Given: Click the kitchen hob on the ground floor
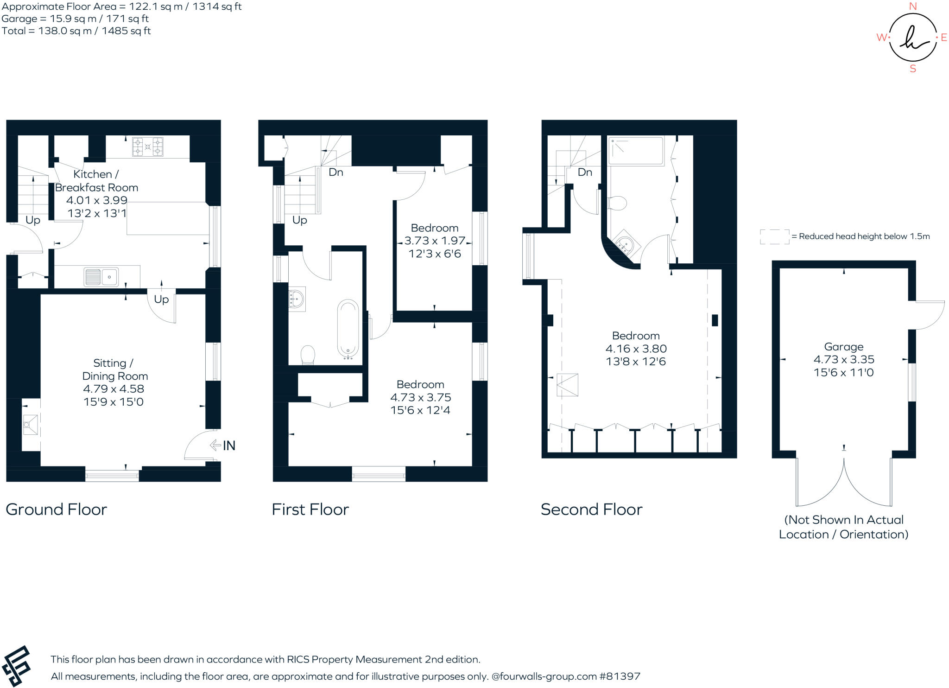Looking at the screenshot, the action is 148,147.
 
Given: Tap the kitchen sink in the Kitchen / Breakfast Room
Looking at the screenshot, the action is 101,277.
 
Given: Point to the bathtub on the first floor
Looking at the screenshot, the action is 348,329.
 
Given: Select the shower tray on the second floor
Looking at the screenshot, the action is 636,151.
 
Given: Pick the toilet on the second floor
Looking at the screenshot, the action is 618,203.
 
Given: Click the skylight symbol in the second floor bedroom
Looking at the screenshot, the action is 567,385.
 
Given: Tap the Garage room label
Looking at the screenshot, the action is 843,347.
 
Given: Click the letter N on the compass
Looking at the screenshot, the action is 913,6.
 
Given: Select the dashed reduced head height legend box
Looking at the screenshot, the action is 774,236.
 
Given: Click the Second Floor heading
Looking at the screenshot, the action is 591,510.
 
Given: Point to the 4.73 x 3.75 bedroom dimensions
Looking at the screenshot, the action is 420,397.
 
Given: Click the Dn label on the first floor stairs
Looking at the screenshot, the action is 336,172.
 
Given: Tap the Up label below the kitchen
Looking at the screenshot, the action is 161,299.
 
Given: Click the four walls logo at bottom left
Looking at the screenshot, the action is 16,666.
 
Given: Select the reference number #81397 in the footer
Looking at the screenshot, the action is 620,676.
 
